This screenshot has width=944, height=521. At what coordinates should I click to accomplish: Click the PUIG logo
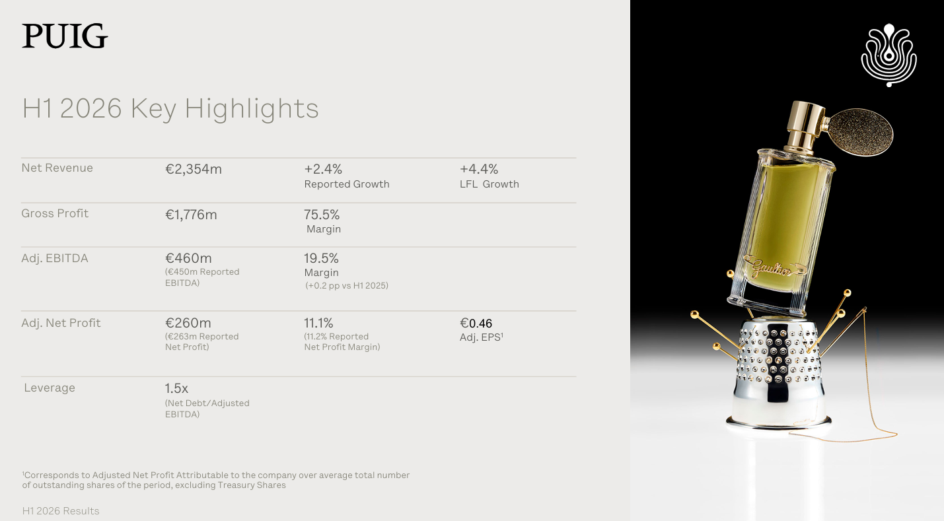[x=65, y=36]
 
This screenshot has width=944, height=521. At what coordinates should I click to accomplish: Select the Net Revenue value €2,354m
[x=194, y=169]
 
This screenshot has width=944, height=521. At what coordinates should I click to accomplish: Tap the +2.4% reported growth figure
[x=323, y=169]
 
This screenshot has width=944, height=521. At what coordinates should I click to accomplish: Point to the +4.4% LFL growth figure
[x=479, y=169]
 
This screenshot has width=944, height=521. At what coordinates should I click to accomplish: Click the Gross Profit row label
[x=55, y=213]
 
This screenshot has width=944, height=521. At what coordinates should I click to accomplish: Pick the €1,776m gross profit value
[x=191, y=215]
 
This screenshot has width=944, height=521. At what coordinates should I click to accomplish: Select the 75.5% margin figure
[x=322, y=215]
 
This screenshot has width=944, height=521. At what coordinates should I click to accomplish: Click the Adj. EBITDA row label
[x=55, y=258]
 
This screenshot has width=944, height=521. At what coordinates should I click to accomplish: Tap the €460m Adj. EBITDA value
[x=188, y=258]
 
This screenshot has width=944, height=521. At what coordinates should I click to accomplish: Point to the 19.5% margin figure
[x=321, y=258]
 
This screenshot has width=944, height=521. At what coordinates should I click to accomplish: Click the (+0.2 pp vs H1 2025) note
[x=347, y=285]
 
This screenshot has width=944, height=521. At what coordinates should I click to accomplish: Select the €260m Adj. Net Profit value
[x=188, y=323]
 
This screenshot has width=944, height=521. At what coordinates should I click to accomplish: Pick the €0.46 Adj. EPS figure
[x=476, y=324]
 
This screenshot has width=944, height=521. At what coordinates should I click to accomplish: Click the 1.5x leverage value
[x=176, y=388]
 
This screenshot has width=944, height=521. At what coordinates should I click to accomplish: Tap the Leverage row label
[x=50, y=388]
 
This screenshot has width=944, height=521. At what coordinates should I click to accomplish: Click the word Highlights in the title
[x=252, y=109]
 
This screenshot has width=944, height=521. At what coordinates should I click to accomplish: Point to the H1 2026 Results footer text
[x=61, y=511]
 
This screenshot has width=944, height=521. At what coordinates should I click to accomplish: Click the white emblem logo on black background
[x=889, y=55]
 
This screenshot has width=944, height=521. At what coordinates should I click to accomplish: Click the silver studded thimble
[x=778, y=372]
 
